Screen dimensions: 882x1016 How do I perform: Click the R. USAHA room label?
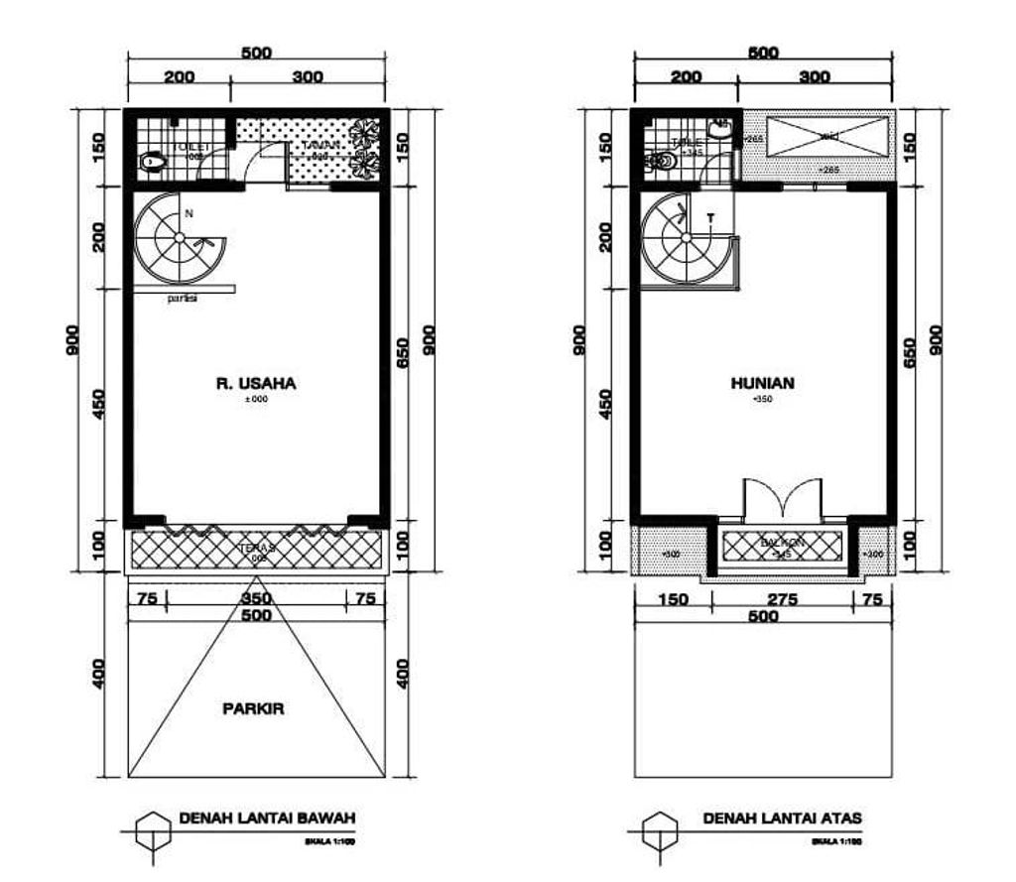coord(256,382)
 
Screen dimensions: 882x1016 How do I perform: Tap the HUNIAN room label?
coord(762,382)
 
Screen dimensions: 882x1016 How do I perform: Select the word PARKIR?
coord(254,709)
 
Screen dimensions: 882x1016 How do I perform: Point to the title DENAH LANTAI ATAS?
coord(783,819)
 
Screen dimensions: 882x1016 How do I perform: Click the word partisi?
coord(182,298)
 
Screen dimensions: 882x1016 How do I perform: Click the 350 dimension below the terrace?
coord(256,598)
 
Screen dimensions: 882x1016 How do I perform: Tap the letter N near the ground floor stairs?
coord(189,212)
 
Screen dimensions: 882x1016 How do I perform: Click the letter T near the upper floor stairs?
coord(710,217)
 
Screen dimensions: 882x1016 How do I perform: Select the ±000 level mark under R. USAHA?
coord(256,400)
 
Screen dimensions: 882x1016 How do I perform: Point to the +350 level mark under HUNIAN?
coord(762,399)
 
